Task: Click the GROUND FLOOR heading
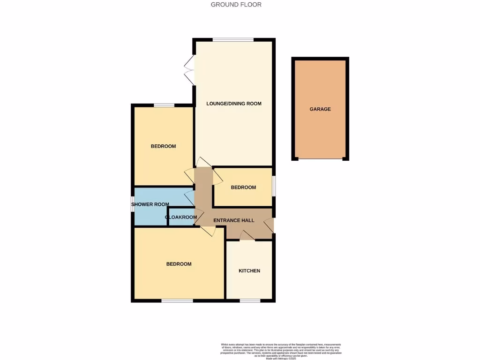(x=236, y=5)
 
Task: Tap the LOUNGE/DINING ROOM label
(x=234, y=104)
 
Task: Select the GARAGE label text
(x=320, y=109)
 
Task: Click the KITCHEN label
(x=249, y=271)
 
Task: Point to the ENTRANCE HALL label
(x=234, y=220)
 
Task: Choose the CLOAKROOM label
(x=181, y=217)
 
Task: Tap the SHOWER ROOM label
(x=150, y=204)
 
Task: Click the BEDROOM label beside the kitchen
(x=179, y=264)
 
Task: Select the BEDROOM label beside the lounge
(x=163, y=146)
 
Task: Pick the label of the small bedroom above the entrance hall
(x=243, y=187)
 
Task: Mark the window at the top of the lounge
(x=233, y=39)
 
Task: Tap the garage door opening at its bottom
(x=321, y=159)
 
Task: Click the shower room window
(x=133, y=204)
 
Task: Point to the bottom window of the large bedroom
(x=177, y=300)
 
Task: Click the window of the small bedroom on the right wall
(x=274, y=187)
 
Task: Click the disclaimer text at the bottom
(x=281, y=351)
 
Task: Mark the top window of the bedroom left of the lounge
(x=164, y=105)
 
